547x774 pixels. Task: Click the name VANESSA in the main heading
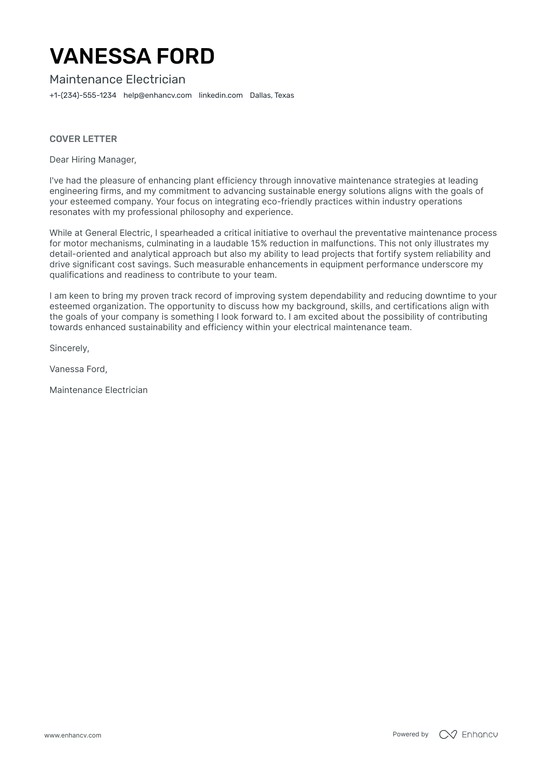(x=97, y=56)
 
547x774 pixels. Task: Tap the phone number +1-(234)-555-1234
(x=83, y=95)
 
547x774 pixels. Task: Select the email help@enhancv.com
(x=158, y=95)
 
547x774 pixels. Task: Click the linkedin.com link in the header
(x=221, y=95)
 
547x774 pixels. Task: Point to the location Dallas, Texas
(x=272, y=95)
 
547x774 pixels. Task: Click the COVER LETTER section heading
(x=83, y=139)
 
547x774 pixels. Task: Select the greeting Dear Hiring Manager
(x=93, y=159)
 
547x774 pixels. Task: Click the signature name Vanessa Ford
(x=78, y=369)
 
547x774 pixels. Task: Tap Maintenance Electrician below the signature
(x=99, y=390)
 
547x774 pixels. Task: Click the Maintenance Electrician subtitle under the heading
(x=117, y=80)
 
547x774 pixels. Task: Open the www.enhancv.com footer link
(x=73, y=735)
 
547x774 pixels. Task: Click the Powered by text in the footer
(x=410, y=734)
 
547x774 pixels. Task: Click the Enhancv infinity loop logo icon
(x=448, y=734)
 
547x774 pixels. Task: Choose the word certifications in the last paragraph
(x=420, y=306)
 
